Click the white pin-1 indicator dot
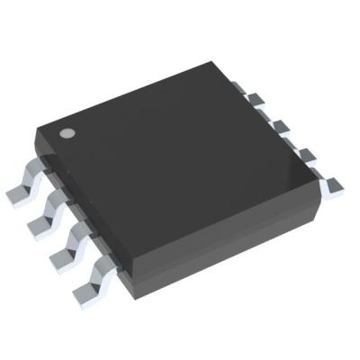coord(66,133)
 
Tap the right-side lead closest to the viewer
coord(331,186)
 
